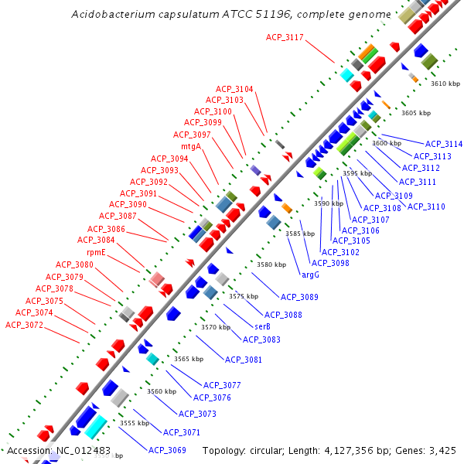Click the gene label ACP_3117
pyautogui.click(x=285, y=37)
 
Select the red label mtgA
pyautogui.click(x=191, y=146)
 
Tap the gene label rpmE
pyautogui.click(x=96, y=252)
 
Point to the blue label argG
pyautogui.click(x=310, y=274)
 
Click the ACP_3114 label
pyautogui.click(x=443, y=145)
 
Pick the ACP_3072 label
pyautogui.click(x=25, y=325)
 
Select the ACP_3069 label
pyautogui.click(x=167, y=450)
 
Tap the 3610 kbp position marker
pyautogui.click(x=445, y=84)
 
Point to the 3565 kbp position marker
pyautogui.click(x=188, y=359)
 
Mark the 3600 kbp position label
pyautogui.click(x=387, y=143)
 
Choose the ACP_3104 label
pyautogui.click(x=234, y=89)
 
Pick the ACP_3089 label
pyautogui.click(x=299, y=297)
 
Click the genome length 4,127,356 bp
pyautogui.click(x=351, y=450)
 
